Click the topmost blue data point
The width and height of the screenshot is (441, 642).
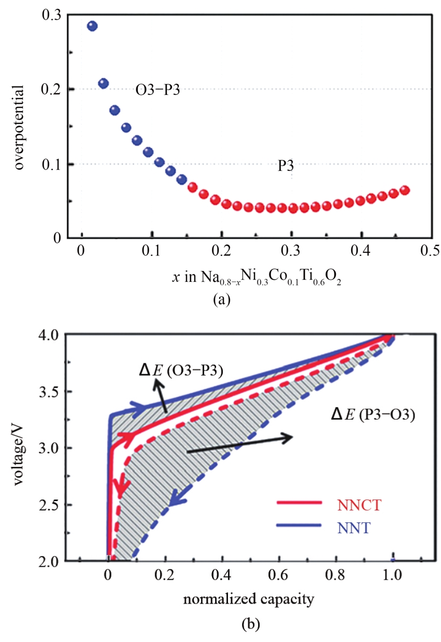point(92,26)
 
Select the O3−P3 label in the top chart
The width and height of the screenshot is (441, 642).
point(158,91)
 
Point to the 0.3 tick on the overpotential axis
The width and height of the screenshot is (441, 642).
point(53,16)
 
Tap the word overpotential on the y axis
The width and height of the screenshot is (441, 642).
point(21,127)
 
